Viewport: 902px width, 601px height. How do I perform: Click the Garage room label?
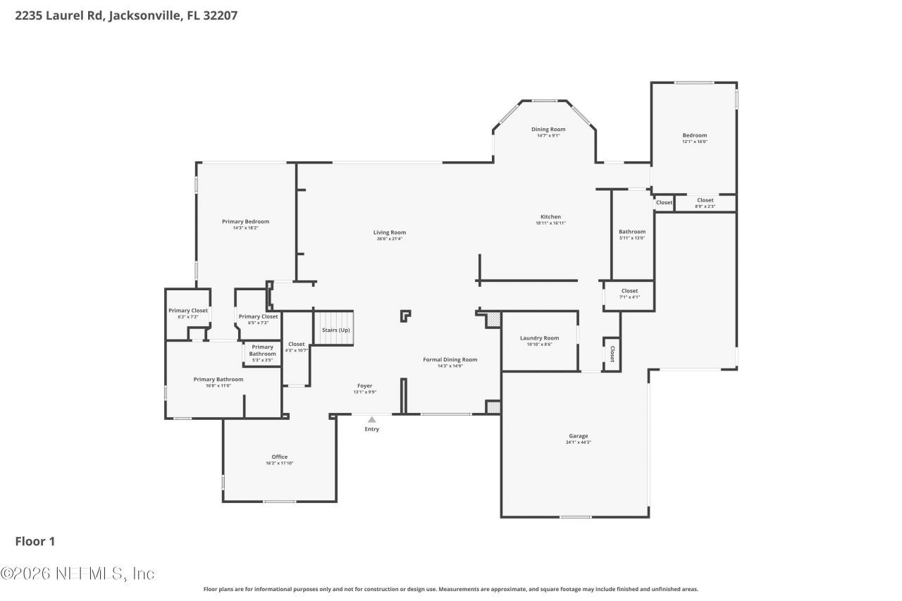(x=578, y=436)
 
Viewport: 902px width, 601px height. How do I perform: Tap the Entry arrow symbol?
(x=371, y=420)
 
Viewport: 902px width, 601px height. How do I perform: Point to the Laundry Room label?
(x=539, y=338)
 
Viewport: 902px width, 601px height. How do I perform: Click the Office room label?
(x=280, y=457)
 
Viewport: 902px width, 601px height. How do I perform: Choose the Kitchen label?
(x=550, y=216)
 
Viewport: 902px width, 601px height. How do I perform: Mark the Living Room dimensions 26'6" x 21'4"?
(x=390, y=239)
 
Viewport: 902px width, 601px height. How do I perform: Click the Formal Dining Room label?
(x=450, y=359)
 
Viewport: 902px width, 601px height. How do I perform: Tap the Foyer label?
(x=364, y=385)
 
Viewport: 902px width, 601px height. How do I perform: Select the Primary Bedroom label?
(x=245, y=221)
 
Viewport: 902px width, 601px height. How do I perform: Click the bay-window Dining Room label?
(x=548, y=129)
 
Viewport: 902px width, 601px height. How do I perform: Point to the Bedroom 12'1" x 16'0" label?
(x=694, y=135)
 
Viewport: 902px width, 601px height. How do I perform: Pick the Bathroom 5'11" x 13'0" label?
(x=632, y=232)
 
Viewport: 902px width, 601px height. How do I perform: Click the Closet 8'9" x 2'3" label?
(x=705, y=200)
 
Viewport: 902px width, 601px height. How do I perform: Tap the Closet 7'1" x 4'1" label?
(x=629, y=291)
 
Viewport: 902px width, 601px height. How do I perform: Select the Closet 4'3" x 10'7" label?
(x=296, y=344)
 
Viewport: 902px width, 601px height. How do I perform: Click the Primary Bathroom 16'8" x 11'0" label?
(x=218, y=379)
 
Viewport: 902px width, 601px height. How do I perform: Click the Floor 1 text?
(x=35, y=541)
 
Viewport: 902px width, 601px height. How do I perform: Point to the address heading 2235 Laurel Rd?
(x=126, y=15)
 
